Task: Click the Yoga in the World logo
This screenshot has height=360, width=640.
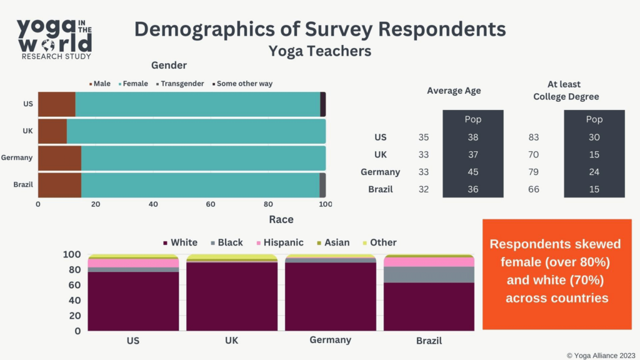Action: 54,38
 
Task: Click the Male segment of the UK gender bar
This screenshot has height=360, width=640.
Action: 52,131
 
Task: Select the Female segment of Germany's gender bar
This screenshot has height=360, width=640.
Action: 203,158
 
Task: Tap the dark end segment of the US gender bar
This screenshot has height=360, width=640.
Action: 322,104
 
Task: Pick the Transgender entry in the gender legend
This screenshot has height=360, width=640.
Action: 181,84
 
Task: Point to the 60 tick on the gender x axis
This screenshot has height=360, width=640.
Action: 211,204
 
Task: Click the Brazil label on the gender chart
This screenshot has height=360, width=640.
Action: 22,185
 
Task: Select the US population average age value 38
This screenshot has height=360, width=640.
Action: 472,137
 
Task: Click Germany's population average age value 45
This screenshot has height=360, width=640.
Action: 472,172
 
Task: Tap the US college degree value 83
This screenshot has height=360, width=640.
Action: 533,137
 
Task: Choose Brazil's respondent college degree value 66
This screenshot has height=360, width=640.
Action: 533,189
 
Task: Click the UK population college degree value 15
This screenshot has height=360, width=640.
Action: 594,154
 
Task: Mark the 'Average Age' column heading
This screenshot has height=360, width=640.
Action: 454,91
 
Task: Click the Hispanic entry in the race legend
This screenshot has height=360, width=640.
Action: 279,242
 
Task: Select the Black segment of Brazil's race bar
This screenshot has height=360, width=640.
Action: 429,274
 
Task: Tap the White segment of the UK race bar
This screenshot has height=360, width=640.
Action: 232,296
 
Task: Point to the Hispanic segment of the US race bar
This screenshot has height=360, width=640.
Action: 133,263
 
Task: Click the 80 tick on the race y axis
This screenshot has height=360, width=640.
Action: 73,270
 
